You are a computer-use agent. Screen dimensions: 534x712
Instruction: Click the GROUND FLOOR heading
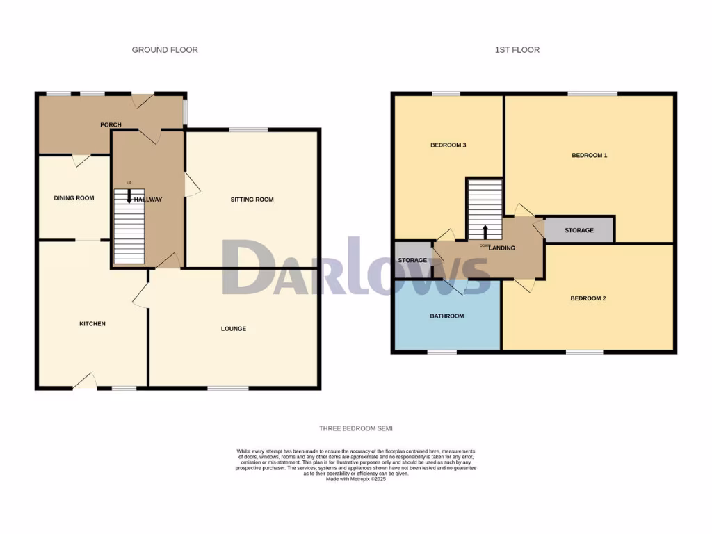click(165, 50)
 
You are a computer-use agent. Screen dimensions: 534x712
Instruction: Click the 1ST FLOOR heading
click(517, 50)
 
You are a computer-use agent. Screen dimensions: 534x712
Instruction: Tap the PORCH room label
click(111, 125)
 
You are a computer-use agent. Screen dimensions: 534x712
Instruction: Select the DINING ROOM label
click(74, 198)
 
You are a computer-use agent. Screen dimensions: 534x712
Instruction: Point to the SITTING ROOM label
click(252, 200)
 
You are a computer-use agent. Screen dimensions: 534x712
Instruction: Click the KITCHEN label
click(92, 324)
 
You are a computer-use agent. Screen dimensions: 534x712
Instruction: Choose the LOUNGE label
click(234, 329)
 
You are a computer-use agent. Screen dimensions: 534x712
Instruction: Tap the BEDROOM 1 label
click(589, 156)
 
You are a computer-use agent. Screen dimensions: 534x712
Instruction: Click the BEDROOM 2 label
click(588, 299)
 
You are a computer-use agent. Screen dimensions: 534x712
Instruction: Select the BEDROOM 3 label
click(448, 145)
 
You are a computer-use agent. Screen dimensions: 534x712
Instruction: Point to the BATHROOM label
click(446, 316)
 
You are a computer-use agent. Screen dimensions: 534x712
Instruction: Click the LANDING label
click(502, 248)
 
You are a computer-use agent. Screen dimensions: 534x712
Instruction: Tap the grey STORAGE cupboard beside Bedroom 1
click(578, 230)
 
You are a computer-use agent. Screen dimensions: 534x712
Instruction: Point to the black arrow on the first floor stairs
click(485, 232)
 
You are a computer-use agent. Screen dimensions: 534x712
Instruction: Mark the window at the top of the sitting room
click(248, 129)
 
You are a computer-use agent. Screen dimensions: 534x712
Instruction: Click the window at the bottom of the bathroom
click(442, 352)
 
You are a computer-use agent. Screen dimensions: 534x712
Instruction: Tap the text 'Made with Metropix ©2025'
click(355, 479)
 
